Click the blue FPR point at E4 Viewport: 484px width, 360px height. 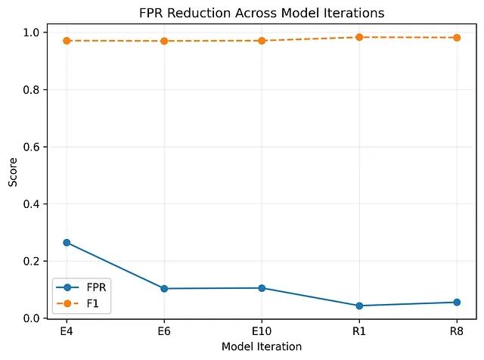coord(67,243)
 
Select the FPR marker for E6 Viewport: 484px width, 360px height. coord(164,289)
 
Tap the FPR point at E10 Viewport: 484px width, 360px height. coord(262,288)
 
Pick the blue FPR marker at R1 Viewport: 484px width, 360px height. coord(359,306)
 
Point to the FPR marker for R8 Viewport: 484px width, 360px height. coord(457,303)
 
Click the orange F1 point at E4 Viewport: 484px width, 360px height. coord(67,41)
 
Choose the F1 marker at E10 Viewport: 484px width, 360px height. coord(262,41)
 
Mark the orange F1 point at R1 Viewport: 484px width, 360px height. coord(359,37)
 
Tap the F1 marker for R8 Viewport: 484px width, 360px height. coord(457,38)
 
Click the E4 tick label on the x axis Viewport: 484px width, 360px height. coord(67,331)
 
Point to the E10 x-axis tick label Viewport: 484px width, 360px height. coord(262,331)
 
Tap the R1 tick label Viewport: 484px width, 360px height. coord(359,331)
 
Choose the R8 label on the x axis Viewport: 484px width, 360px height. coord(457,331)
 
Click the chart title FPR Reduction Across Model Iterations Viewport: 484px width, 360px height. coord(262,14)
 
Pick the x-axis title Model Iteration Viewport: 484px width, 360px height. coord(262,346)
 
